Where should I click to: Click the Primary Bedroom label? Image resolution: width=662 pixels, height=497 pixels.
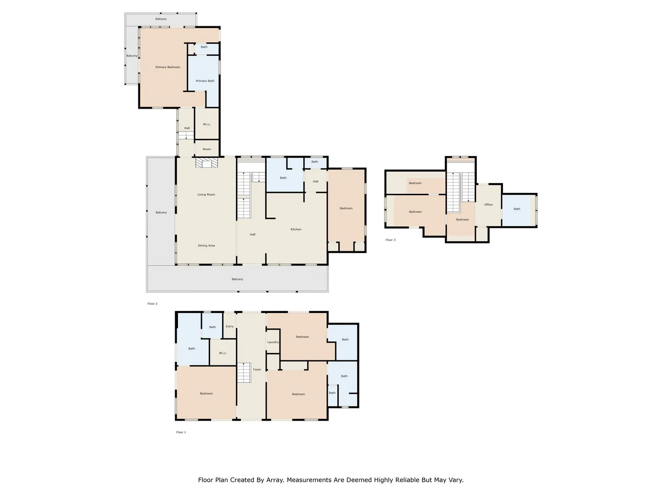pyautogui.click(x=167, y=67)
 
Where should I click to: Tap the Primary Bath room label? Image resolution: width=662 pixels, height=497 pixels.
pyautogui.click(x=205, y=81)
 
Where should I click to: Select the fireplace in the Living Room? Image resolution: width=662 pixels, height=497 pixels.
pyautogui.click(x=206, y=163)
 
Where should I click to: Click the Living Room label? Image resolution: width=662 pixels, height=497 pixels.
pyautogui.click(x=206, y=195)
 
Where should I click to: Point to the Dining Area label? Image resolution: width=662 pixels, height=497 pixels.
pyautogui.click(x=206, y=246)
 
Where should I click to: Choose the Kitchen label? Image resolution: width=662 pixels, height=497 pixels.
pyautogui.click(x=296, y=229)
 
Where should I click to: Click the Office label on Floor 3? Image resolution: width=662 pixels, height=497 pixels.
pyautogui.click(x=488, y=205)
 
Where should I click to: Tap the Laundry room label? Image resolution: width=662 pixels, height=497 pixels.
pyautogui.click(x=273, y=342)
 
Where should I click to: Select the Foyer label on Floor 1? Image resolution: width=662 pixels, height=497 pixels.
pyautogui.click(x=257, y=370)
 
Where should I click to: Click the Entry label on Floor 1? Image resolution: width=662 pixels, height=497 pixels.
pyautogui.click(x=229, y=326)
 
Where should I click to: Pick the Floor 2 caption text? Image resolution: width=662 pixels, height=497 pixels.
pyautogui.click(x=152, y=304)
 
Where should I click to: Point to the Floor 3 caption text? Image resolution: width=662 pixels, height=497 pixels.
pyautogui.click(x=390, y=240)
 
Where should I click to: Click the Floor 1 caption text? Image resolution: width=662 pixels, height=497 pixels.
pyautogui.click(x=181, y=432)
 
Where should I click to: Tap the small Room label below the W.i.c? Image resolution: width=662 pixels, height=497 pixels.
pyautogui.click(x=207, y=149)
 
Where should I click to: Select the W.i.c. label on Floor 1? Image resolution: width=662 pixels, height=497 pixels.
pyautogui.click(x=223, y=353)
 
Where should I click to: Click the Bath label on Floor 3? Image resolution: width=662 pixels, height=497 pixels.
pyautogui.click(x=517, y=209)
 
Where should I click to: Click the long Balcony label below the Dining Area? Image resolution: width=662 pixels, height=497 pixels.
pyautogui.click(x=237, y=279)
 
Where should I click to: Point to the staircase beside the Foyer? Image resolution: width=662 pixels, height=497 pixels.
pyautogui.click(x=244, y=372)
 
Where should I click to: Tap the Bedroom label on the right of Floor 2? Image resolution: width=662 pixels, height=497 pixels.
pyautogui.click(x=346, y=208)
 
